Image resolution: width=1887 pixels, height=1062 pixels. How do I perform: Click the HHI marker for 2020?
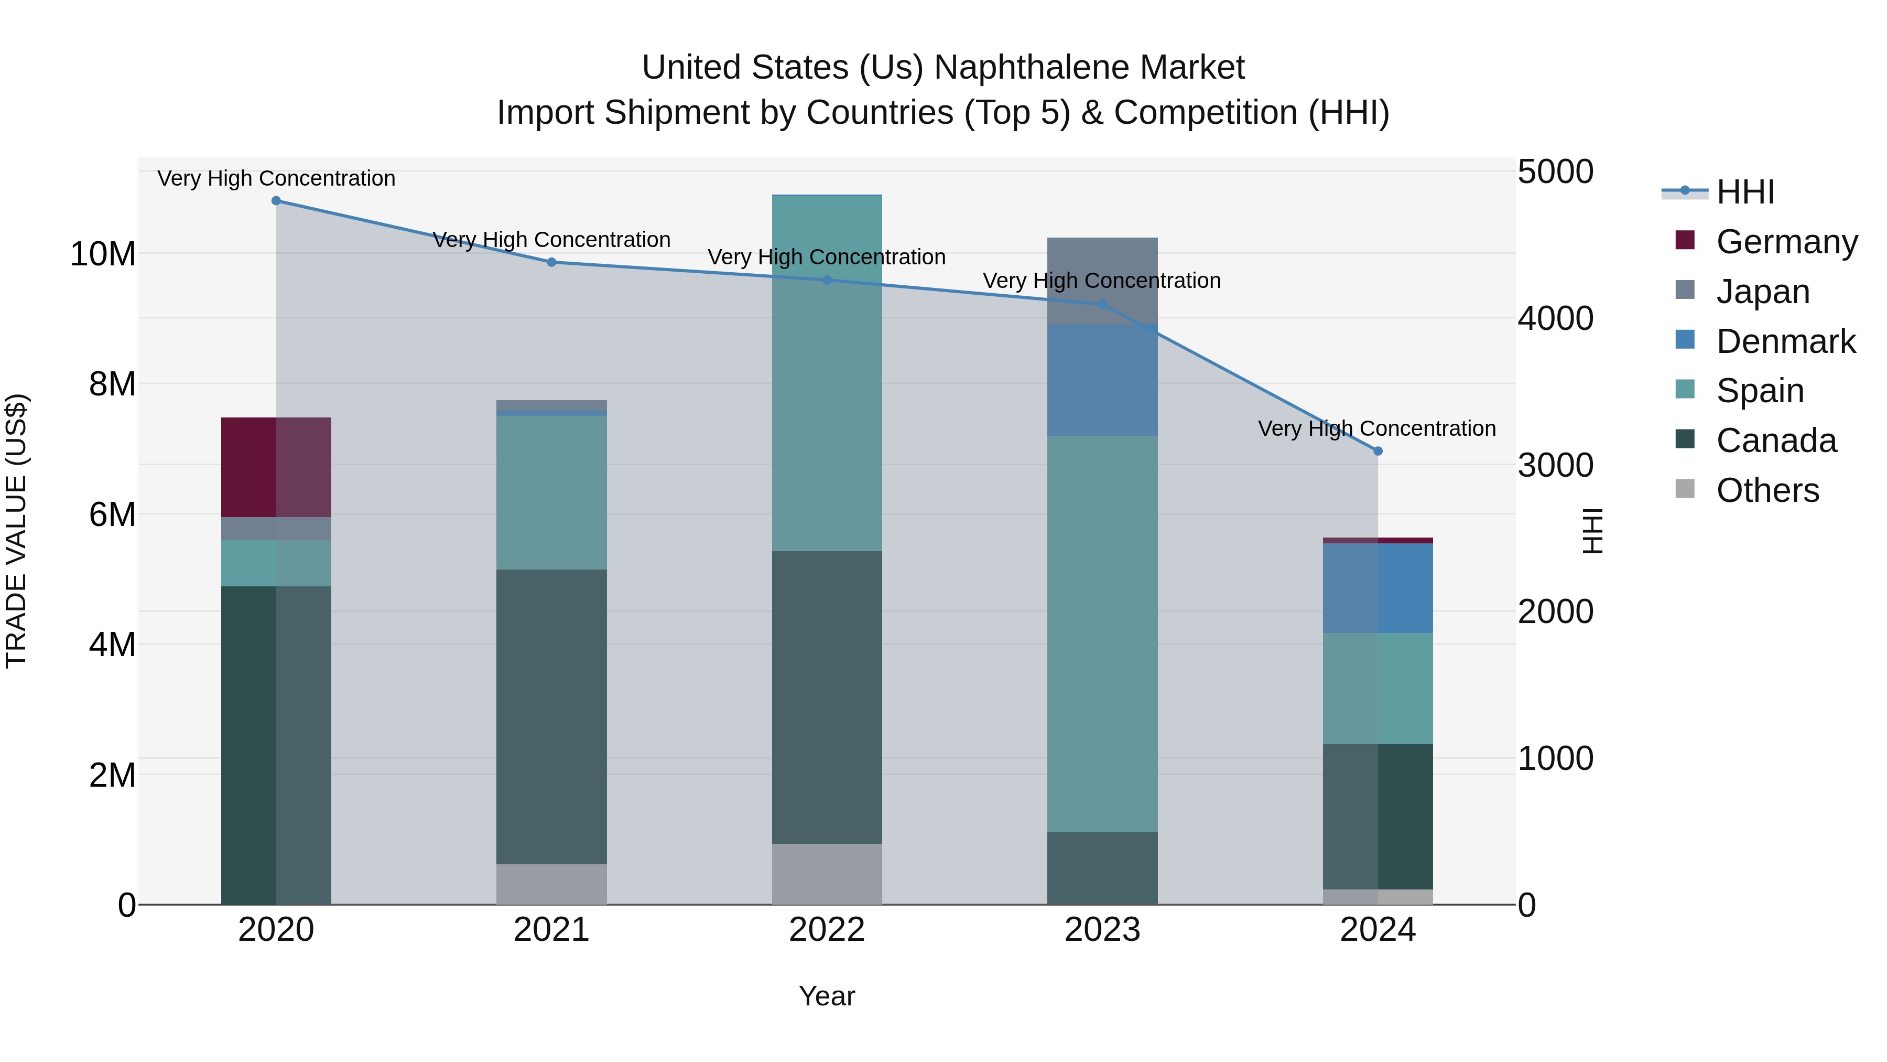click(276, 201)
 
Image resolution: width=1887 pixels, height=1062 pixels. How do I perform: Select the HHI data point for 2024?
click(1378, 450)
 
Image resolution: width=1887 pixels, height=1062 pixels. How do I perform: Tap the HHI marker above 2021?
click(551, 262)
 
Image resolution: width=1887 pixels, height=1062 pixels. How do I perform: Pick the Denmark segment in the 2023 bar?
click(1102, 380)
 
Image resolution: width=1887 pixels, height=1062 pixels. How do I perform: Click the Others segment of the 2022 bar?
click(827, 874)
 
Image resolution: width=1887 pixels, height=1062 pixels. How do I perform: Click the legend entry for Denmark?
click(1785, 341)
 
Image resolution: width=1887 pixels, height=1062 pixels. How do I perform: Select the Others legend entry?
click(1767, 490)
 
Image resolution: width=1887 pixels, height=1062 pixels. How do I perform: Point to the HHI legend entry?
click(1745, 192)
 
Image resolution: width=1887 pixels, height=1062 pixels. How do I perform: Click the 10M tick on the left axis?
click(103, 254)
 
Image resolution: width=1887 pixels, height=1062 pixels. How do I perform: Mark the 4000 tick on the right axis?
click(1555, 319)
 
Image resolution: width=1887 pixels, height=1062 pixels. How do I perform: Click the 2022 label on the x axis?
click(827, 930)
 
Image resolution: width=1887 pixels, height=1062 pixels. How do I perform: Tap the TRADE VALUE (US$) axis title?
click(16, 531)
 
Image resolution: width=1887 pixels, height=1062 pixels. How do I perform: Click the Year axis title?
click(827, 996)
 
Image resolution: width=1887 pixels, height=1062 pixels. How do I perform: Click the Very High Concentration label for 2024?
click(1376, 429)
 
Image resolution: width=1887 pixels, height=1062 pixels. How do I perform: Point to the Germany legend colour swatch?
click(1685, 240)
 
